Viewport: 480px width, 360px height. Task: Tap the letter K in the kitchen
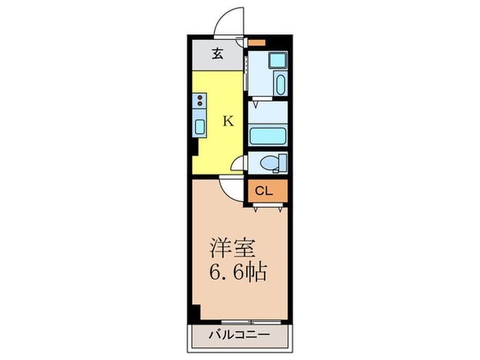[x=228, y=121]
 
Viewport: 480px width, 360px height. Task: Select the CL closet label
[x=265, y=191]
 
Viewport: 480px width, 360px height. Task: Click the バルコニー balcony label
[x=239, y=336]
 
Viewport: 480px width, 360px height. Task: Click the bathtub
[x=267, y=134]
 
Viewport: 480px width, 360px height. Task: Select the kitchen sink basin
[x=200, y=126]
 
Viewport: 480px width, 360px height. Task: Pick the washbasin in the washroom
[x=279, y=84]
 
